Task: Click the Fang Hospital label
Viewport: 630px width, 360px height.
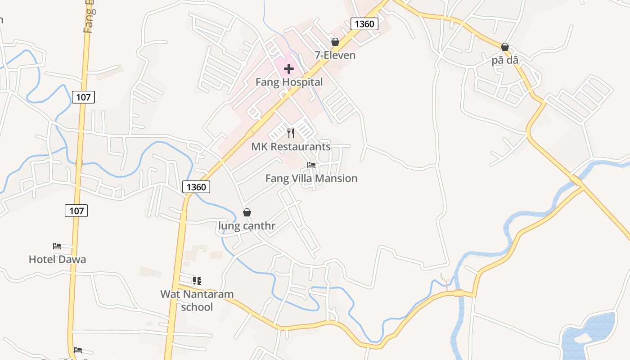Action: (289, 82)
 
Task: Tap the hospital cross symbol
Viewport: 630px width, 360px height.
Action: (289, 69)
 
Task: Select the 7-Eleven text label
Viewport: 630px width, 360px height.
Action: (335, 55)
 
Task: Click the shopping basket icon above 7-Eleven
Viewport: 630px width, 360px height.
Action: (335, 42)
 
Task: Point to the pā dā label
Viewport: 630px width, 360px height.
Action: (505, 60)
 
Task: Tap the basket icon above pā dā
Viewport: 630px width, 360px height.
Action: (505, 47)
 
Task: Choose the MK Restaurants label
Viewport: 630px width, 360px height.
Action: (291, 147)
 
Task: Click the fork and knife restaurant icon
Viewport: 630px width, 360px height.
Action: (291, 133)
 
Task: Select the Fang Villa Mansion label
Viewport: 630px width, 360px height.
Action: (311, 179)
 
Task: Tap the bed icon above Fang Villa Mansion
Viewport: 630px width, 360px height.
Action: (311, 165)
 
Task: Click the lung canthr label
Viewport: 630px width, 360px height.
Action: (247, 226)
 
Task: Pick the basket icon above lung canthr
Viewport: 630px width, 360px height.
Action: (247, 212)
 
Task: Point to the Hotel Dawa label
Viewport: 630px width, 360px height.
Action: (57, 260)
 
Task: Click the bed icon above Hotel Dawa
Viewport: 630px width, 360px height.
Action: (57, 246)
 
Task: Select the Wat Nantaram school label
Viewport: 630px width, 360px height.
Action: (197, 301)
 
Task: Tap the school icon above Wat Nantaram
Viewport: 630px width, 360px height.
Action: (197, 281)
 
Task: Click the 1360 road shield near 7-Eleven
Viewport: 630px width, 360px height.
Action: (364, 24)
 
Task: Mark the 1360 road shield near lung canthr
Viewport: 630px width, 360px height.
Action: (196, 187)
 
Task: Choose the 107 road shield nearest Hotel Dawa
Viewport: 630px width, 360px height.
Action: (76, 210)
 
